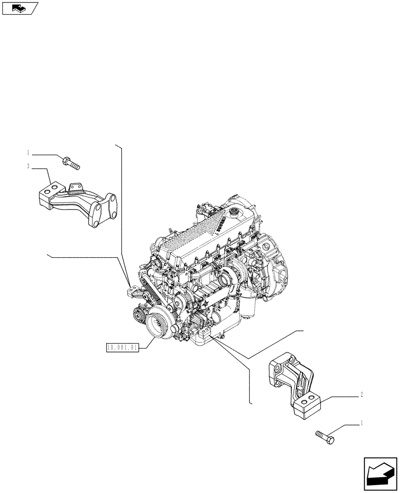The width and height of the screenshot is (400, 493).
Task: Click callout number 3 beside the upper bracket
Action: [29, 167]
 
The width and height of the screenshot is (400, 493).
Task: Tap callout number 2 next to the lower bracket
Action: [362, 394]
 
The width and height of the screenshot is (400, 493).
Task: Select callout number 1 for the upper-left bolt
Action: [29, 152]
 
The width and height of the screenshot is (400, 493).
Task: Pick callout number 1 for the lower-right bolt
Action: [362, 423]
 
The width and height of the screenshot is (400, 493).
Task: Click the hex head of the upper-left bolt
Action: [66, 159]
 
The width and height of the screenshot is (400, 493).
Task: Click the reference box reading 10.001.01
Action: [123, 348]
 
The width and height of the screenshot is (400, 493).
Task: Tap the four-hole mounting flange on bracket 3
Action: [104, 211]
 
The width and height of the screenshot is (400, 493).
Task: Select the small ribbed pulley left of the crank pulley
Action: [137, 312]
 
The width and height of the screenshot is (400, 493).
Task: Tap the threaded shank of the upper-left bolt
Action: [75, 165]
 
